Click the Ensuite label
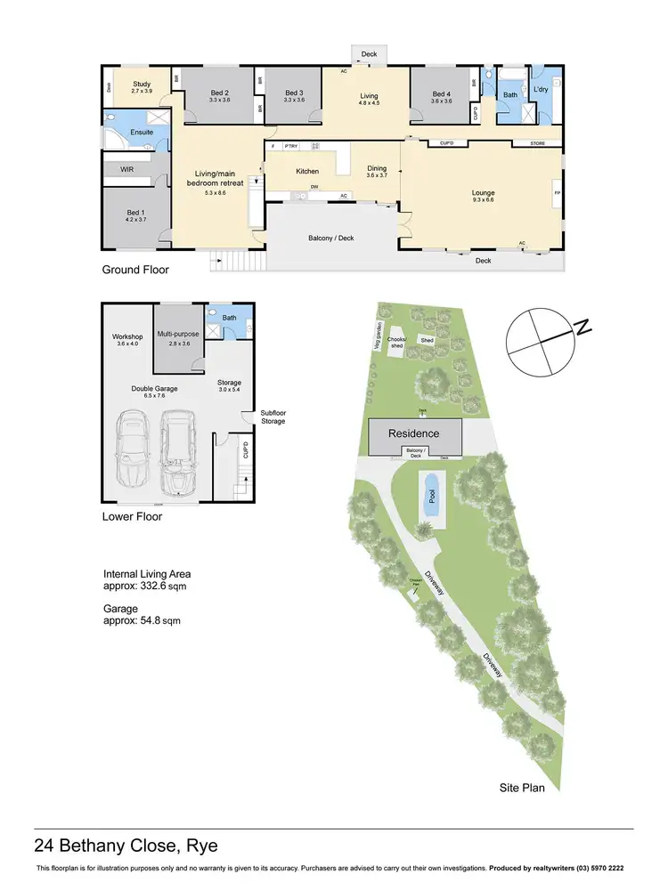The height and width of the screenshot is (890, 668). [x=142, y=132]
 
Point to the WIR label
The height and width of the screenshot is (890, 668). [x=126, y=166]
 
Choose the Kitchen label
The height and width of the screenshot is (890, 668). [x=307, y=171]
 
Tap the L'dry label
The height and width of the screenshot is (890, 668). [x=541, y=90]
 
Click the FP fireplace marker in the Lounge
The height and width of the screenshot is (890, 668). [x=557, y=193]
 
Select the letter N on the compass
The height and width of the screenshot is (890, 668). [x=583, y=329]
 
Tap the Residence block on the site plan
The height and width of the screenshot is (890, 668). [x=414, y=433]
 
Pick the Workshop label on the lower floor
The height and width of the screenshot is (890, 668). [x=127, y=339]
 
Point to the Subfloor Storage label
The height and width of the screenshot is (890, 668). [x=273, y=417]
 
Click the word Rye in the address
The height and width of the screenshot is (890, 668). [x=200, y=845]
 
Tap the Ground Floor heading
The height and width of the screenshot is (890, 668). [x=135, y=269]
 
